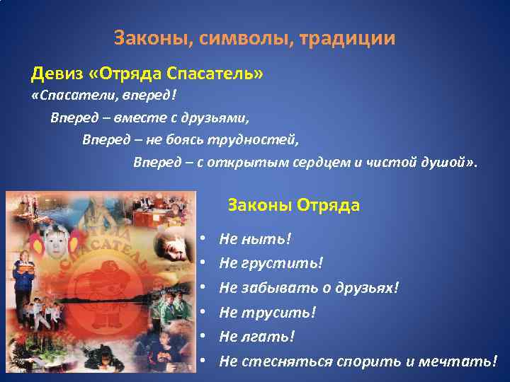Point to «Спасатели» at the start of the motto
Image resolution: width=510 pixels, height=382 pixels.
(67, 95)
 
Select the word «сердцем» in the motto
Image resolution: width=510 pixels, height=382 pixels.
(322, 162)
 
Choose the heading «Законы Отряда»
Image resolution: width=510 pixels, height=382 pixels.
(293, 206)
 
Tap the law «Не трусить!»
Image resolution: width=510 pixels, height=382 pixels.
(268, 312)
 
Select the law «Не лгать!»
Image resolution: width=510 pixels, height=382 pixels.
(256, 336)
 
